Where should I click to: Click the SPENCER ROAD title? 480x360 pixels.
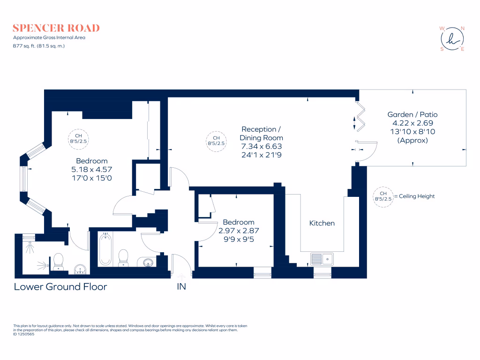(x=57, y=28)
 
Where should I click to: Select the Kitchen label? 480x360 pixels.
(x=322, y=223)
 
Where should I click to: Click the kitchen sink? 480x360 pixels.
(x=322, y=259)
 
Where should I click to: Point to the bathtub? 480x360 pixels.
(x=105, y=249)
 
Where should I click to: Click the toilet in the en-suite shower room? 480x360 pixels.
(x=59, y=261)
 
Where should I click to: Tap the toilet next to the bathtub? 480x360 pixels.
(x=124, y=257)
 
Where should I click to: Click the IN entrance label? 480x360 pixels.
(x=181, y=286)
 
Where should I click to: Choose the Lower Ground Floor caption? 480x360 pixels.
(x=60, y=286)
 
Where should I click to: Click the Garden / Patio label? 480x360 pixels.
(x=412, y=114)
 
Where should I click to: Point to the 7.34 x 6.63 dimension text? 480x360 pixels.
(x=262, y=146)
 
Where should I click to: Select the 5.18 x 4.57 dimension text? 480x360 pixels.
(x=92, y=169)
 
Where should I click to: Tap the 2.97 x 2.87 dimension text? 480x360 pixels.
(x=239, y=231)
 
